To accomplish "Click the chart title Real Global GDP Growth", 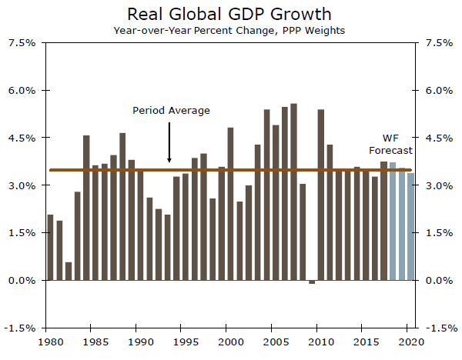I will click(230, 14).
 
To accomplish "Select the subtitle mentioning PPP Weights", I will click(231, 31).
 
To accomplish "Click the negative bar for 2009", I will click(311, 282).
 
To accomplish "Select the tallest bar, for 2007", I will click(293, 192).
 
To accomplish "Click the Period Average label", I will click(171, 111).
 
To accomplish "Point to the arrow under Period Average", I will click(169, 142).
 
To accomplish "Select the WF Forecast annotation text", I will click(390, 144).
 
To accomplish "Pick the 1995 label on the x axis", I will click(183, 342).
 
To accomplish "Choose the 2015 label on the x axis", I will click(364, 342).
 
